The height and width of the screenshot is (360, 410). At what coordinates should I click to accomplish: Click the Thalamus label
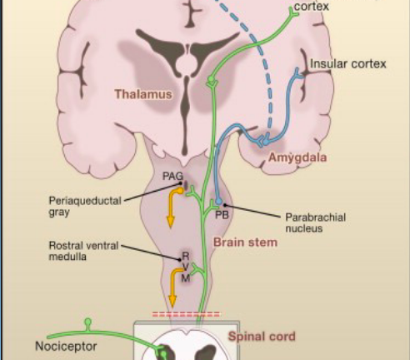143,94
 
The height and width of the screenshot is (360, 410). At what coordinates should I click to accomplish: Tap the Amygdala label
297,157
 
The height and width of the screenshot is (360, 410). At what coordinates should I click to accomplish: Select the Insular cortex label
348,64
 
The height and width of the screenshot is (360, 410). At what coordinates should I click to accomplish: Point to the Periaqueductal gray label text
85,206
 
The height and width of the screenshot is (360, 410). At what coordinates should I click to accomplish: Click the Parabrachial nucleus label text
316,222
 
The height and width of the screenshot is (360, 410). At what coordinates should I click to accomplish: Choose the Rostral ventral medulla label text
83,251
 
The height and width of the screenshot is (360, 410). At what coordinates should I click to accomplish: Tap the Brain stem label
245,242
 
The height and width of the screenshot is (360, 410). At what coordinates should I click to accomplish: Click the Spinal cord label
262,337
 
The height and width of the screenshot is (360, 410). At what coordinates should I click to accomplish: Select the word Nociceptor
66,347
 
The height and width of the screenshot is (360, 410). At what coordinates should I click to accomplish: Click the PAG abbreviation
172,176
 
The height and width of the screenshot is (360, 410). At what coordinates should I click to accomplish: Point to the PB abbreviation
222,215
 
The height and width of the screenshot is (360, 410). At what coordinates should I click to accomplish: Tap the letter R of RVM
186,256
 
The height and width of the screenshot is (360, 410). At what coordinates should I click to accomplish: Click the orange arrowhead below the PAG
170,222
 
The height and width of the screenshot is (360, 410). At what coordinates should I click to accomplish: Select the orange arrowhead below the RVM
172,302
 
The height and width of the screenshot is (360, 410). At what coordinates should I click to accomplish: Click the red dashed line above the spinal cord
186,314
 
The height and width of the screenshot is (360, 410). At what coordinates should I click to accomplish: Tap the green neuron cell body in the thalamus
212,80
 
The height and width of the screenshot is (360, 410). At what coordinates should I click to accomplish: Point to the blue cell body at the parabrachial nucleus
219,201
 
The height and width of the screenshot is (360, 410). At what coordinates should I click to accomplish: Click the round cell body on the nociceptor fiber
87,322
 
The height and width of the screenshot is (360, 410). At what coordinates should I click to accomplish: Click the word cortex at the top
312,6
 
